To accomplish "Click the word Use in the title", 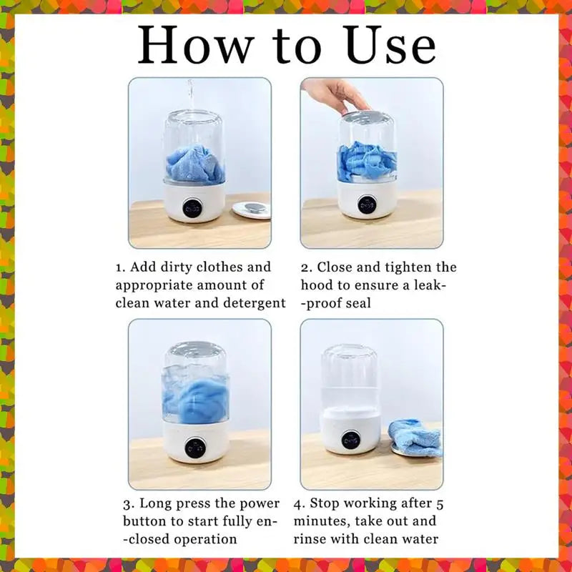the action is coord(391,45).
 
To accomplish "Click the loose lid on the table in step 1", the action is coord(252,210).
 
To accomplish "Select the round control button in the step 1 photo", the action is coord(192,209).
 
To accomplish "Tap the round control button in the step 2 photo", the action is coord(368,205).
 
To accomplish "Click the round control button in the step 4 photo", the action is coord(351,440).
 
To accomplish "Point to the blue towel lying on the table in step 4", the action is coord(415,438).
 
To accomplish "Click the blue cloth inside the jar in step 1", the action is coord(195,163).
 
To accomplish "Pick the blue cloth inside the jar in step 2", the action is coord(367,163).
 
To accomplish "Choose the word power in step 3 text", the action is coord(259,504).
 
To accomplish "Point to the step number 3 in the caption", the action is coord(127,505).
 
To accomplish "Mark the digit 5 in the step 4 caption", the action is coord(440,505).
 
